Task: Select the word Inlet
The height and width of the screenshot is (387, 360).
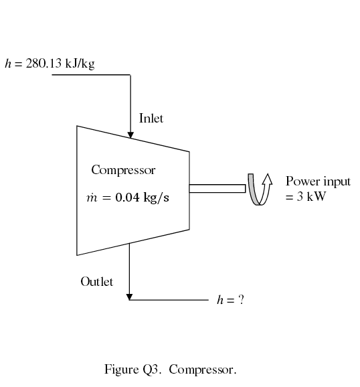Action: [x=151, y=119]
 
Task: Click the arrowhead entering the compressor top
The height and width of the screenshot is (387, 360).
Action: [x=130, y=135]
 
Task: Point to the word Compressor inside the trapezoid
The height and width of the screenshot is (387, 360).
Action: [x=123, y=170]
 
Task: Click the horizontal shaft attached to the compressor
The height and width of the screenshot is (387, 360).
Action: [x=217, y=188]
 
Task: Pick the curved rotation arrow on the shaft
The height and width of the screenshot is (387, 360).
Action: [x=260, y=189]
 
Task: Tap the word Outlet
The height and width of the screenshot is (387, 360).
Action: [x=96, y=281]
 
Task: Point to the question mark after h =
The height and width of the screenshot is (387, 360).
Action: [x=241, y=300]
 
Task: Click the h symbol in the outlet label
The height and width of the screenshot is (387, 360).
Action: [x=219, y=300]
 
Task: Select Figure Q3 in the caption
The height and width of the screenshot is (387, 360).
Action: [x=130, y=370]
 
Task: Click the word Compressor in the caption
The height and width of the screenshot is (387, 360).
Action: [x=202, y=370]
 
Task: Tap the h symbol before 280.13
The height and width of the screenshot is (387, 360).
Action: [x=8, y=64]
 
